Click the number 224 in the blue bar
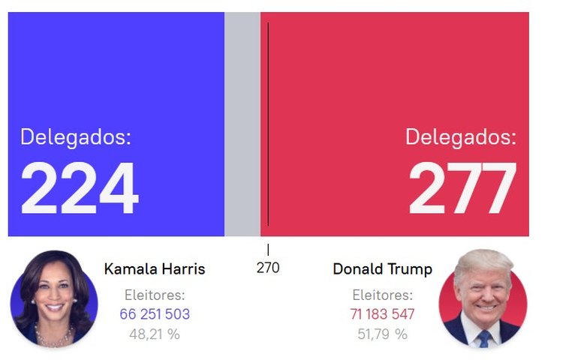(80, 189)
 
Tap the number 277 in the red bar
(462, 189)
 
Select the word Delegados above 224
(76, 137)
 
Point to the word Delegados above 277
(461, 137)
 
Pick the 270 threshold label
(268, 268)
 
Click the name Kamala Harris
(155, 269)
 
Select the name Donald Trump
(382, 269)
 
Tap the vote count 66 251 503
(155, 314)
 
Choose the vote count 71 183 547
(382, 314)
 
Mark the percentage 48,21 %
(155, 334)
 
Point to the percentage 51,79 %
(382, 334)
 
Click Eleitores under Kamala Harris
(155, 295)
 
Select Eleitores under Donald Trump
(382, 295)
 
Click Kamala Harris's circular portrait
(54, 298)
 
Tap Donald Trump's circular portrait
(483, 298)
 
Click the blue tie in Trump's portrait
(483, 338)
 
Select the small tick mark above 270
(268, 250)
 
